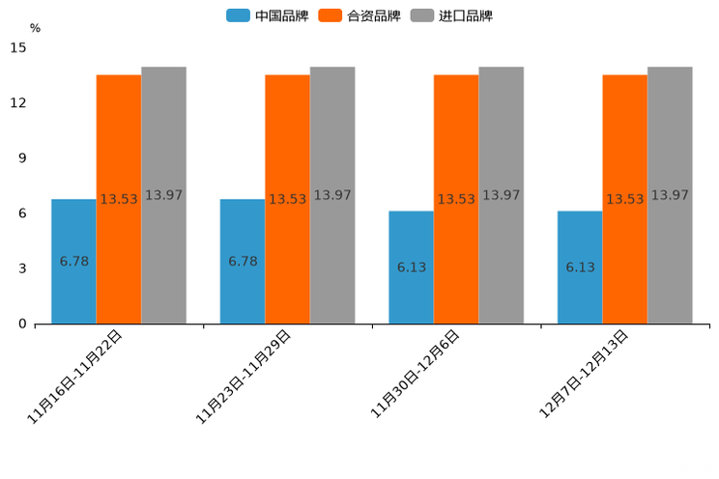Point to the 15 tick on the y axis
pos(18,47)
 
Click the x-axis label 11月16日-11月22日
pos(75,377)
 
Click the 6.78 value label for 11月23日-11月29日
pos(243,262)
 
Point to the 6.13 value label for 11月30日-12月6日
pos(412,268)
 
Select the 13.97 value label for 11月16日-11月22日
pos(163,195)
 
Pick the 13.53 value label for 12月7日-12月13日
pos(625,199)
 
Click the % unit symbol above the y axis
pos(35,28)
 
